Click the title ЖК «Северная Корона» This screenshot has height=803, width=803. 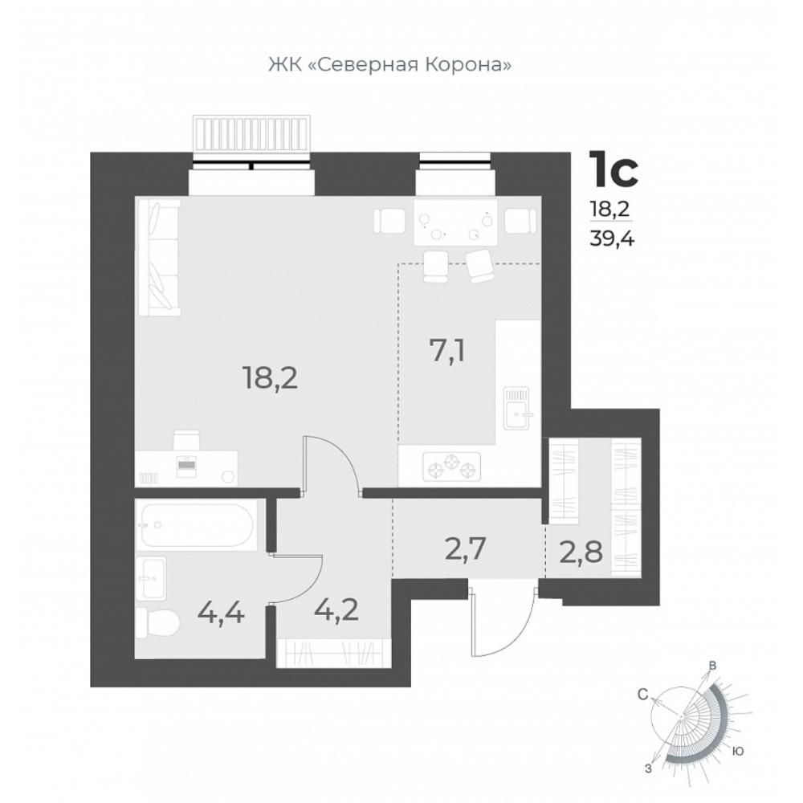(389, 64)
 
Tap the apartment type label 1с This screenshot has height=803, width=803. (614, 169)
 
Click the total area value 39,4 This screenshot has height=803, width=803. (611, 238)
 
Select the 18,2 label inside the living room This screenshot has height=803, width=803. (271, 380)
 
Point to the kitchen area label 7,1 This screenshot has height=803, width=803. (447, 353)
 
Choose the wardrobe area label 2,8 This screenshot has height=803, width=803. (581, 552)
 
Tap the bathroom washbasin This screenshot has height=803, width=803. (151, 577)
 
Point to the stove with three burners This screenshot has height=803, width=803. (451, 467)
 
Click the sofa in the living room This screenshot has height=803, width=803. (157, 258)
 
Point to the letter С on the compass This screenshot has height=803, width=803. (642, 695)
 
